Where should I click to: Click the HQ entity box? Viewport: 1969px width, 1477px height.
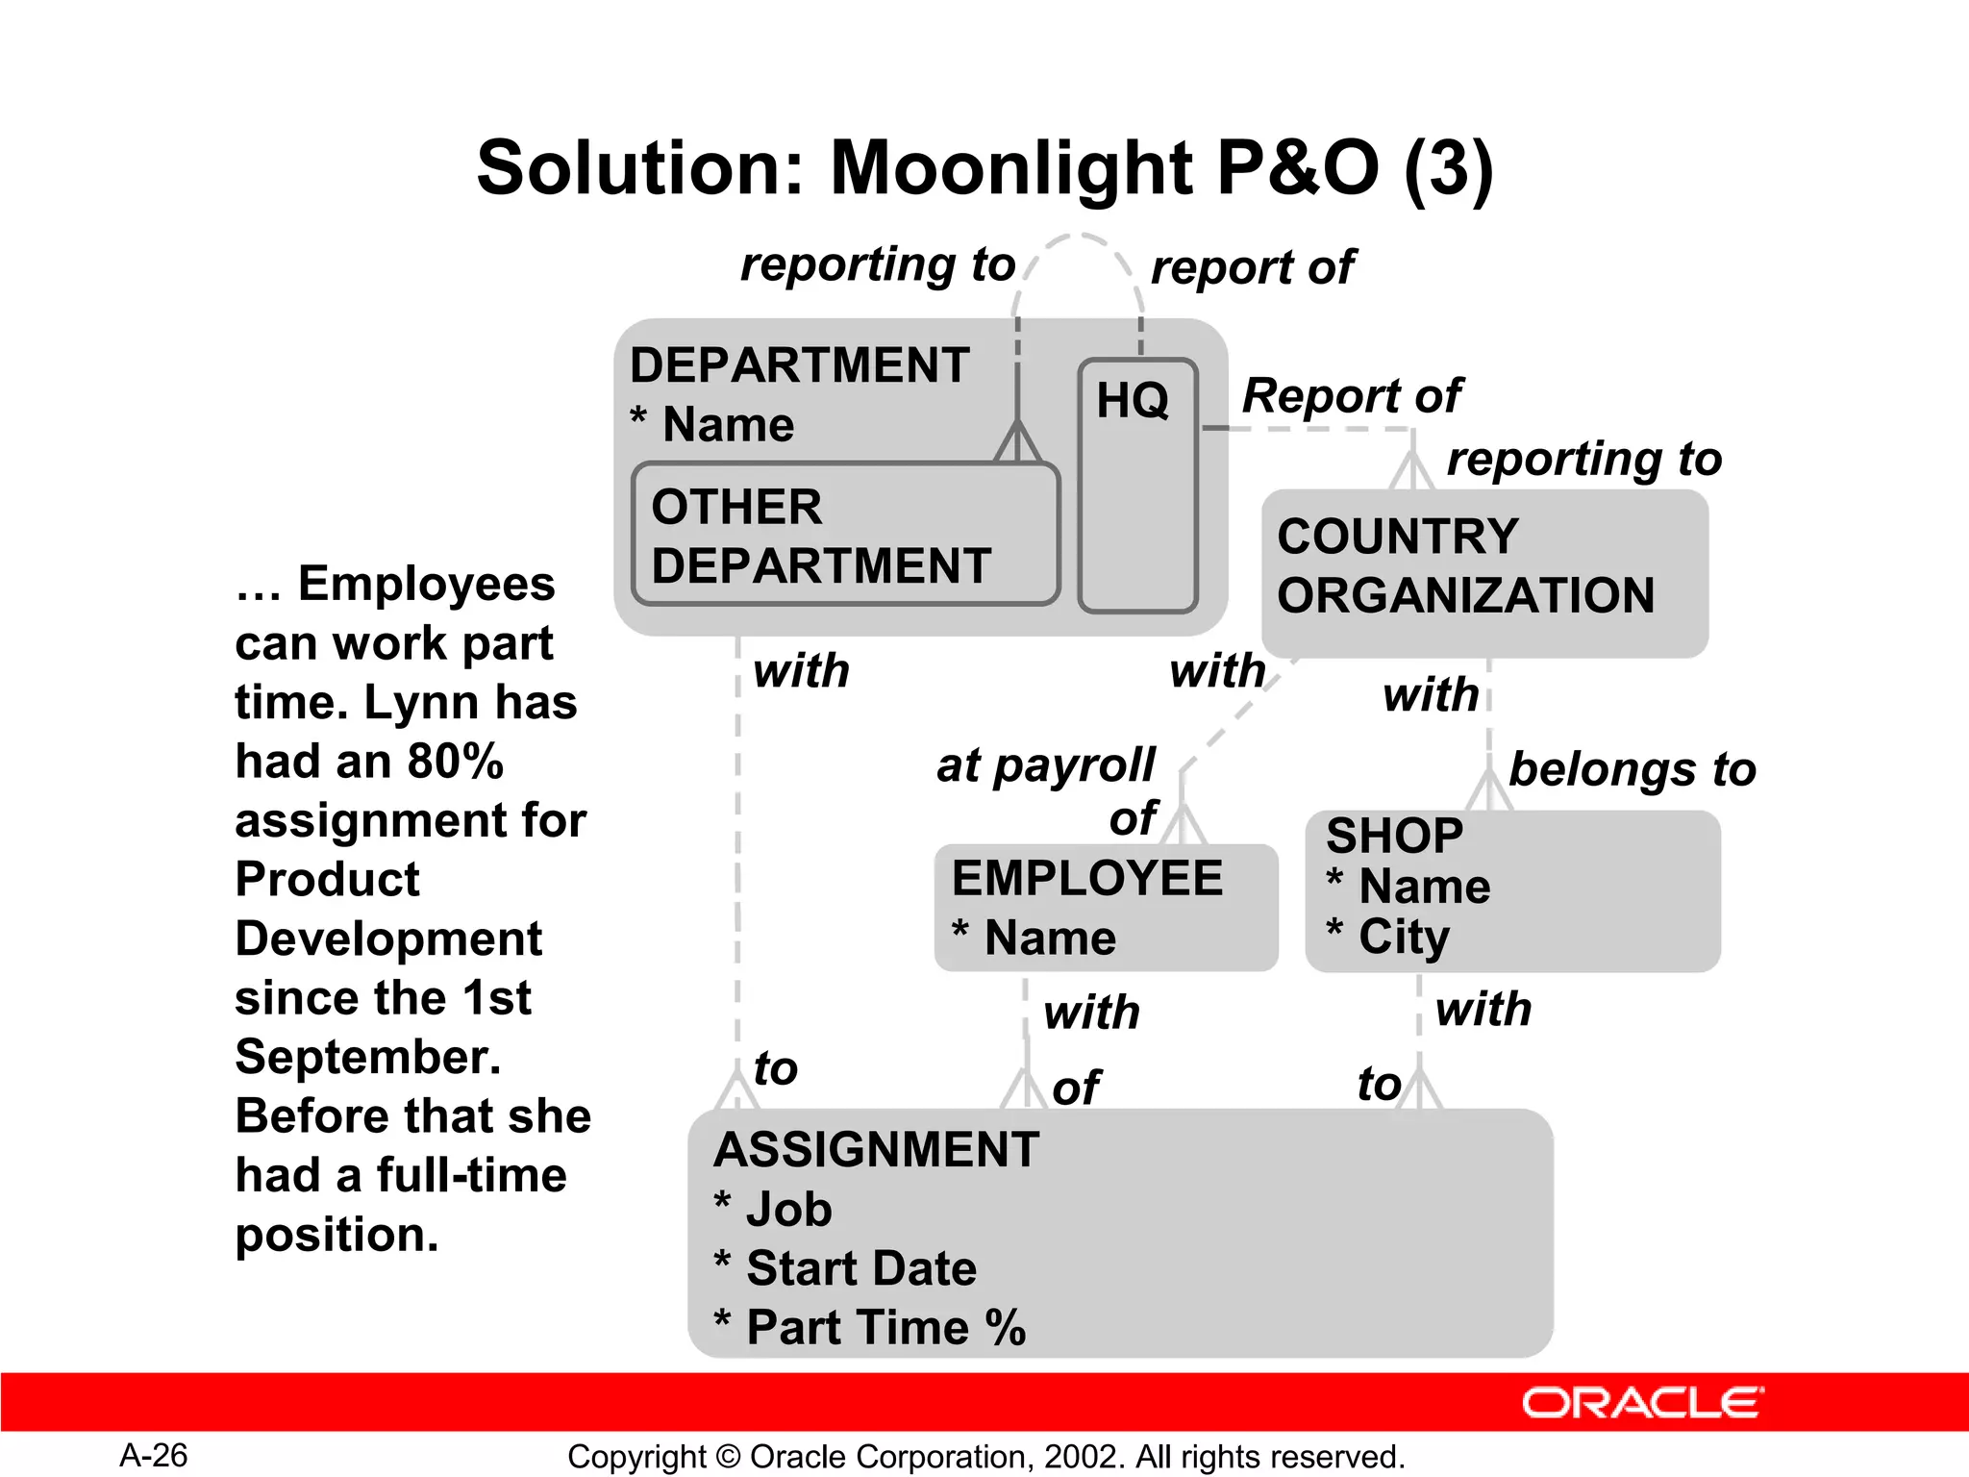1137,486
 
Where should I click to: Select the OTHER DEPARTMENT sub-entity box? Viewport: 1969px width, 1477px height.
844,536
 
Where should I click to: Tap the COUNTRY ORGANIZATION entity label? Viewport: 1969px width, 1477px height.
1465,566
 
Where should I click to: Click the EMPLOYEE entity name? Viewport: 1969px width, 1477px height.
1086,878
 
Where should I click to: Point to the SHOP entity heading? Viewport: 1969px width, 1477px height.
1394,835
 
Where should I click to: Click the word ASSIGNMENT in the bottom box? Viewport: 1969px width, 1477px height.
876,1150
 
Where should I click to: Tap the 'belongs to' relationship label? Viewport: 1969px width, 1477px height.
1632,769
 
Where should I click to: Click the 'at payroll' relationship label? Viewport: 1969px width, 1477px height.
1045,765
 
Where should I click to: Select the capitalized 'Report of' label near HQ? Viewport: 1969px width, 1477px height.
1351,395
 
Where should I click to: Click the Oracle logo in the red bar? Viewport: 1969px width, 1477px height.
1642,1403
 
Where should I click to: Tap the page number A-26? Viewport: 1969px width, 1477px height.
154,1456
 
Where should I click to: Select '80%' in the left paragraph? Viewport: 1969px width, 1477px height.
456,761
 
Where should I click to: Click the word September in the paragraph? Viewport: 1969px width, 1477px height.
367,1057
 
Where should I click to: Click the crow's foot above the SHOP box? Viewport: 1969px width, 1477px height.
1488,792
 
